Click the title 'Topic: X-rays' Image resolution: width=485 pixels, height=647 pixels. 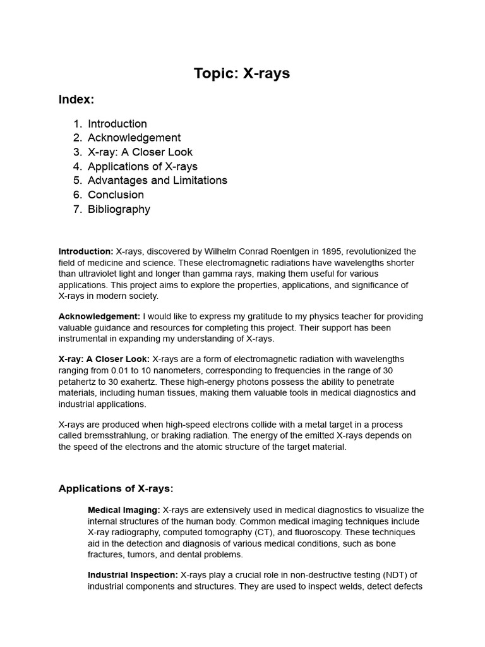click(x=242, y=73)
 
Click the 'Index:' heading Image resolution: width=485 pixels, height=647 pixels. click(x=76, y=99)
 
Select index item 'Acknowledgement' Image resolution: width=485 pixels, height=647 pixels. click(x=134, y=138)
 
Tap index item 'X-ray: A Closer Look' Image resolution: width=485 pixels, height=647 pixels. click(x=140, y=152)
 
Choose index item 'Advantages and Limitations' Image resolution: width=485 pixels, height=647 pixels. click(x=157, y=181)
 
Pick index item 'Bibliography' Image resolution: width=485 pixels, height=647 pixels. click(x=119, y=209)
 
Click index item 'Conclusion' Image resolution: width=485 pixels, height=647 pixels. click(x=116, y=195)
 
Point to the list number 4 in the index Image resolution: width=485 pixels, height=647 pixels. click(x=77, y=167)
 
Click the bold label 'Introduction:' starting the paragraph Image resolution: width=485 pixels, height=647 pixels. click(x=86, y=251)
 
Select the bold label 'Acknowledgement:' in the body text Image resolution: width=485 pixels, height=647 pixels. click(x=99, y=317)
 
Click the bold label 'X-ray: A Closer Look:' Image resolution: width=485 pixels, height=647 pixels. click(x=104, y=360)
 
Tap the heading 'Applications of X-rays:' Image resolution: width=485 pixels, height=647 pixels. click(x=116, y=488)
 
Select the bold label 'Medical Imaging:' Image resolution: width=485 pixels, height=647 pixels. click(x=124, y=510)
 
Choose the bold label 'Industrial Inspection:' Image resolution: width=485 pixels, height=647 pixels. click(x=133, y=575)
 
